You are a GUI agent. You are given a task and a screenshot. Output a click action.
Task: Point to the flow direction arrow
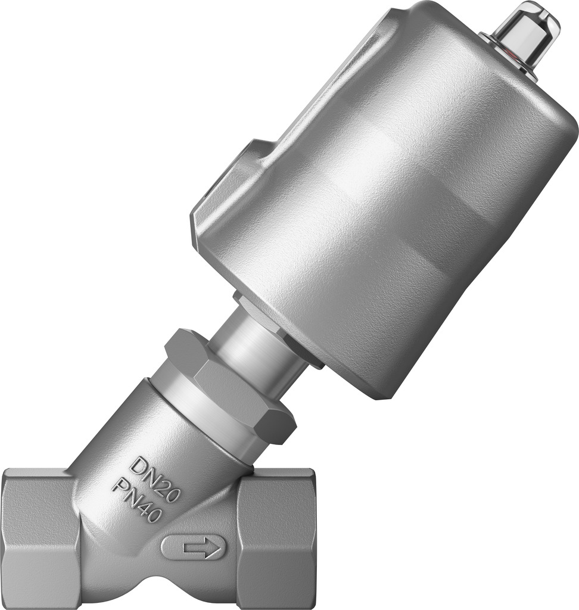(194, 547)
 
